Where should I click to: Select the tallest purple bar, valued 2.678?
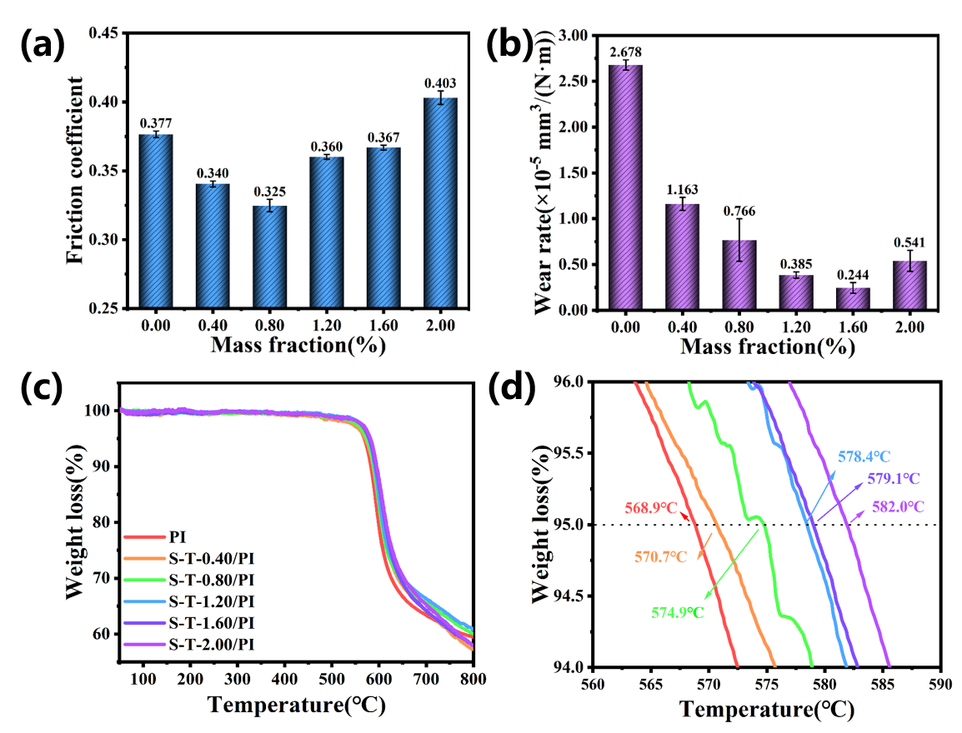pos(625,187)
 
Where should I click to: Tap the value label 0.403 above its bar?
pos(441,83)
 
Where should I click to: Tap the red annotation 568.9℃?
pos(653,507)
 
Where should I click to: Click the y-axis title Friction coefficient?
pos(76,170)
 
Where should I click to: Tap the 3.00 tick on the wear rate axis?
pos(574,36)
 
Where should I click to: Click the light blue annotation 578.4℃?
pos(864,456)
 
